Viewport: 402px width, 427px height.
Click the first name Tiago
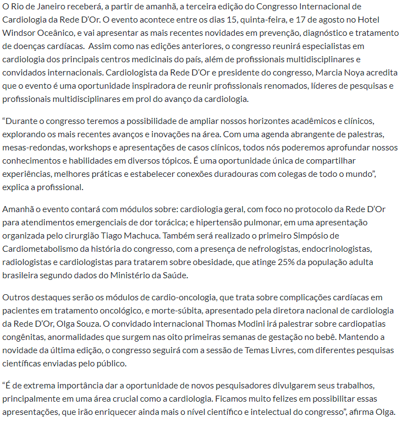(x=130, y=235)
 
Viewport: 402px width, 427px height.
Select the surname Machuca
(x=162, y=235)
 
